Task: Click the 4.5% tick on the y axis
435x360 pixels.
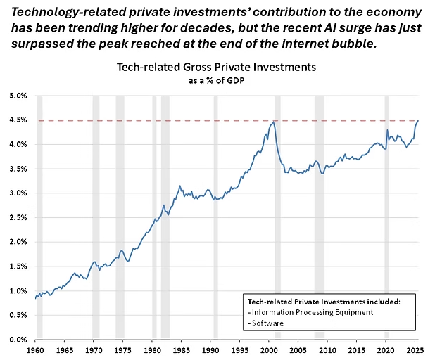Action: [x=18, y=120]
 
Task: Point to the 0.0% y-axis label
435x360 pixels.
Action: [x=18, y=340]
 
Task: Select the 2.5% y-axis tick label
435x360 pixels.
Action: [x=18, y=218]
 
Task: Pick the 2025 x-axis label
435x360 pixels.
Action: [x=415, y=349]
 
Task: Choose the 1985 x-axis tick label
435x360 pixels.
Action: [x=182, y=349]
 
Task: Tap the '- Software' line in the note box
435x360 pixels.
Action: [x=263, y=324]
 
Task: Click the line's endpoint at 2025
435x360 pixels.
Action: [x=419, y=120]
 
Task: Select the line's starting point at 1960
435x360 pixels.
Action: [x=35, y=298]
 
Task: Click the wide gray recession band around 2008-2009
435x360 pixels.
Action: [x=319, y=211]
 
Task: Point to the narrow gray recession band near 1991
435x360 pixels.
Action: [x=215, y=211]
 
